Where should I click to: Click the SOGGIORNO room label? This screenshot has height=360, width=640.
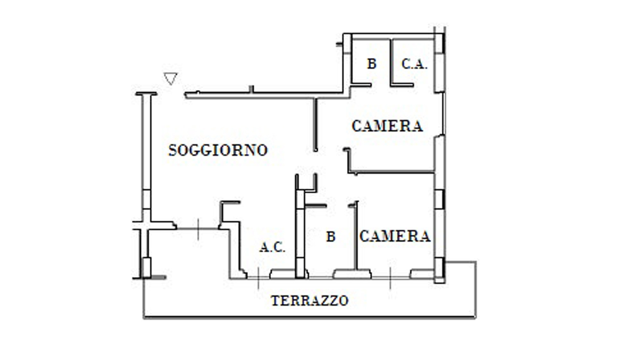click(218, 150)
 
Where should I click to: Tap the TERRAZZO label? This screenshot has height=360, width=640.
click(310, 301)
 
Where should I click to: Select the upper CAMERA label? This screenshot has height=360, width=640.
click(387, 126)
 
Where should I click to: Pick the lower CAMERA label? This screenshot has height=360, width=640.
click(395, 237)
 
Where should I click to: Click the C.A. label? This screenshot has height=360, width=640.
click(414, 64)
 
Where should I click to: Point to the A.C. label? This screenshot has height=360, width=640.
click(272, 248)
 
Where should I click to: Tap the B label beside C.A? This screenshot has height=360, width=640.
click(372, 64)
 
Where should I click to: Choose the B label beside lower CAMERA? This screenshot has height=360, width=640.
click(331, 237)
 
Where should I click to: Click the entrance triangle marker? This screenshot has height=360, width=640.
click(170, 79)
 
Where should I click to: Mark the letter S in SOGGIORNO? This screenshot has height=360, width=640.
click(172, 150)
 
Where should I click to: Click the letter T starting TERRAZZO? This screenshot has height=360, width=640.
click(275, 301)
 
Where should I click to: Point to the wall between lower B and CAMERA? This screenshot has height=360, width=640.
click(356, 237)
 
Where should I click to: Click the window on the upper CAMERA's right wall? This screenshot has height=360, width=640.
click(444, 113)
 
